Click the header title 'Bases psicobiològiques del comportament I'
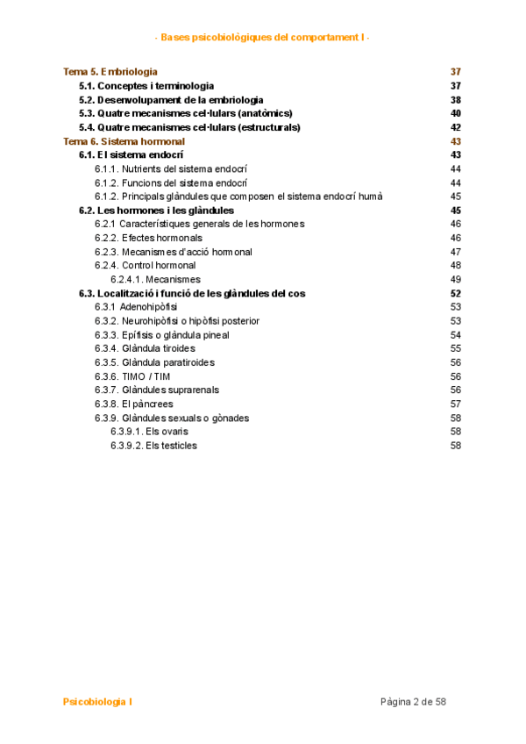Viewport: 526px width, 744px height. (262, 38)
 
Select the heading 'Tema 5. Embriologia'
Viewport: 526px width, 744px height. (110, 72)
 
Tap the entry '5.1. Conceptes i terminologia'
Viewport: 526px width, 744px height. (146, 86)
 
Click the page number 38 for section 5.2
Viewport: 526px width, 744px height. (455, 100)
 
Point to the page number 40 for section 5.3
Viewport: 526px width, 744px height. (455, 113)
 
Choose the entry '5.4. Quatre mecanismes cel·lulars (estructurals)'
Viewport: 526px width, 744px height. (189, 127)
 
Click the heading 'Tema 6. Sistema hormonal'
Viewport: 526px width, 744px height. (124, 141)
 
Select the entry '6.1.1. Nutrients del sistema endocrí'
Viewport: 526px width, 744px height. (171, 169)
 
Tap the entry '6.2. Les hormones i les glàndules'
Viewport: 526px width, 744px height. (156, 211)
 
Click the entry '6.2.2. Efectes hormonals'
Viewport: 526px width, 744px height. (148, 238)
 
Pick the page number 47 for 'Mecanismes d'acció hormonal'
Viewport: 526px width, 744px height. (455, 252)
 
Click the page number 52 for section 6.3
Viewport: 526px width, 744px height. (455, 293)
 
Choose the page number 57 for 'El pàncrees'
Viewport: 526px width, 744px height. (455, 404)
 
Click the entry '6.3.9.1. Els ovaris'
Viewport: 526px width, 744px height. (149, 432)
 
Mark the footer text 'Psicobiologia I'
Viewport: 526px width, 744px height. (98, 702)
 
